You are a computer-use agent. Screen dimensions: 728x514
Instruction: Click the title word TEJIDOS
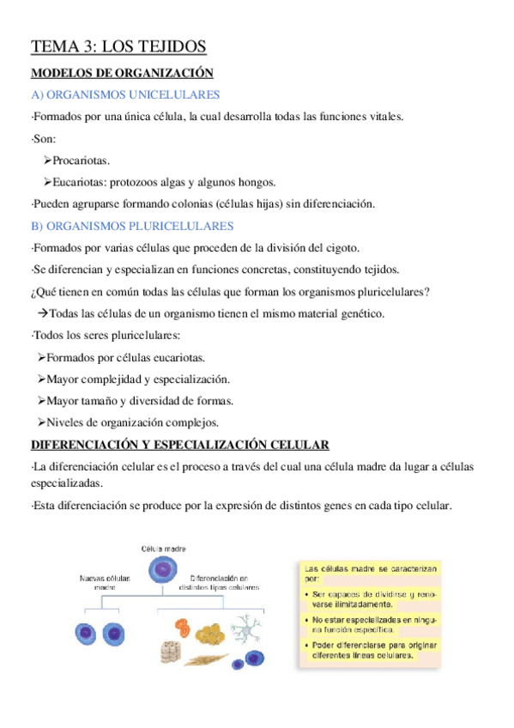click(x=166, y=46)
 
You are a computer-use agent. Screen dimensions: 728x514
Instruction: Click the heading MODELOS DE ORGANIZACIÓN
click(x=122, y=74)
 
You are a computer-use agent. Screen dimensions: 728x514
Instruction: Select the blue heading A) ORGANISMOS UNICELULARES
click(x=125, y=95)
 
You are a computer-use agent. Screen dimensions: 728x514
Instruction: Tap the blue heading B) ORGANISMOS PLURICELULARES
click(x=132, y=227)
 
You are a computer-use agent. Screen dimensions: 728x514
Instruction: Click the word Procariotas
click(x=82, y=161)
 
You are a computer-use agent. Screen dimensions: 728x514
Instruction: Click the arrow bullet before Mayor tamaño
click(x=42, y=401)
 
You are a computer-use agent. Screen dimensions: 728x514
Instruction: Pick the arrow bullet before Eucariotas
click(x=47, y=182)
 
